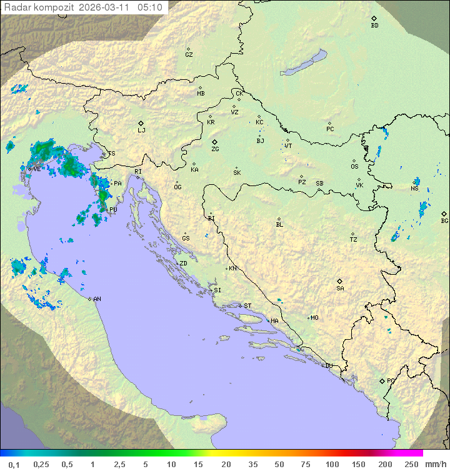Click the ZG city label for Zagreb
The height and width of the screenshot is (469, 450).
click(x=215, y=149)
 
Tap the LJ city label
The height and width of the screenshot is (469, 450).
click(x=141, y=131)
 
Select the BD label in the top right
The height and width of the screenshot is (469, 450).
click(x=374, y=26)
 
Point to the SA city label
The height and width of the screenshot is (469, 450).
click(x=340, y=289)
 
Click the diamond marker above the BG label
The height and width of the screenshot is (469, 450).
click(x=444, y=214)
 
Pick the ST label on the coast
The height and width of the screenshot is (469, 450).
click(x=247, y=306)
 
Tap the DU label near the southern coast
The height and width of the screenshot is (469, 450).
click(x=328, y=366)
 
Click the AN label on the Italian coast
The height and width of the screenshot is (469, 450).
click(x=97, y=299)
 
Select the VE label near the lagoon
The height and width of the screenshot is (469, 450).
click(x=37, y=169)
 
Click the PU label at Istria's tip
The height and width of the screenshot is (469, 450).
click(x=113, y=210)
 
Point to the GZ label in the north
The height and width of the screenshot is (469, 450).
click(x=189, y=55)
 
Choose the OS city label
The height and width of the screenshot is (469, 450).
click(x=354, y=167)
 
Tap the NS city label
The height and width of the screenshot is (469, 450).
click(x=414, y=189)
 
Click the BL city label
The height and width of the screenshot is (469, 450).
click(x=279, y=225)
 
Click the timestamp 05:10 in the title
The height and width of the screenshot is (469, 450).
click(x=150, y=7)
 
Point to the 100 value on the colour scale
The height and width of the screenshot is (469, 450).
click(x=332, y=464)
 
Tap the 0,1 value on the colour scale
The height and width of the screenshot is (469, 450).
click(x=14, y=464)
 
